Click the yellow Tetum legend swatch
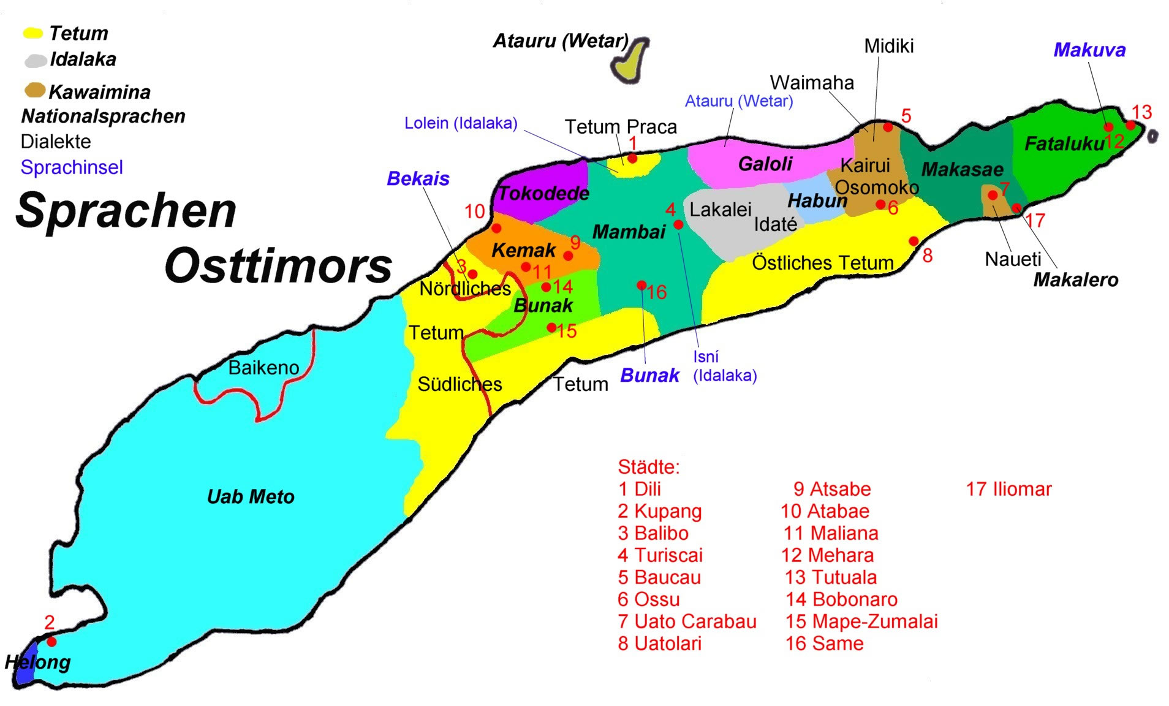click(x=32, y=33)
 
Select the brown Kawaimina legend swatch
click(x=35, y=91)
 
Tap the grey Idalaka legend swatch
click(x=36, y=60)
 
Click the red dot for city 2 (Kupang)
click(x=51, y=642)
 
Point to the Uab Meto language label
click(x=251, y=496)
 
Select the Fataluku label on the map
click(x=1064, y=144)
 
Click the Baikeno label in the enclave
click(x=263, y=368)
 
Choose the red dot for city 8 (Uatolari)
click(x=914, y=241)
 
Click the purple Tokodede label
click(x=543, y=194)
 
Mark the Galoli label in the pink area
click(x=765, y=164)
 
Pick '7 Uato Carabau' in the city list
click(x=687, y=621)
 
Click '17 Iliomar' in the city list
click(x=1008, y=489)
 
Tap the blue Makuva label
click(x=1089, y=50)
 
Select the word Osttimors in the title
click(x=278, y=266)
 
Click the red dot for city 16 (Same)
click(x=641, y=285)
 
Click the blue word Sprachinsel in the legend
click(x=72, y=167)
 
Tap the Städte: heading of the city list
click(x=649, y=467)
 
